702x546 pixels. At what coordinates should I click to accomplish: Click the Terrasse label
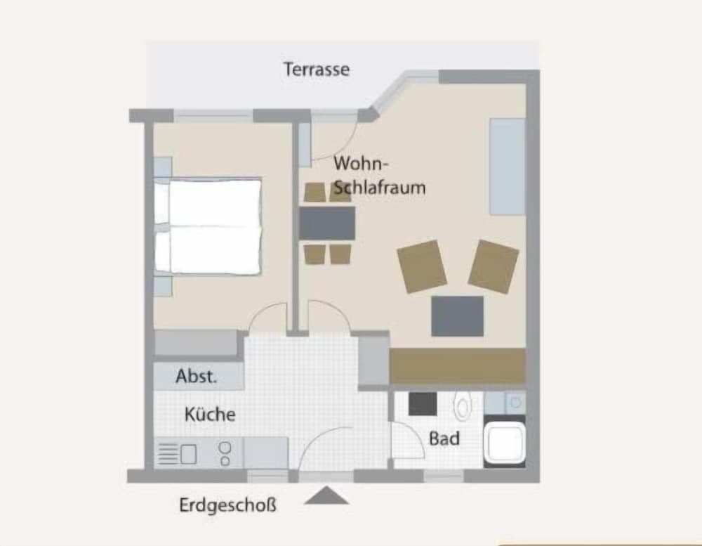(317, 70)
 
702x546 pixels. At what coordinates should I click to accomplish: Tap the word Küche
(210, 414)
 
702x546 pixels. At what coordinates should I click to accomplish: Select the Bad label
(444, 438)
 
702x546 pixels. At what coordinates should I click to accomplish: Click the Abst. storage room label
(197, 376)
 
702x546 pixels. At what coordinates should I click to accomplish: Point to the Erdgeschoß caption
(228, 505)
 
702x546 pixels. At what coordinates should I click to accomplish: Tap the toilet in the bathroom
(463, 405)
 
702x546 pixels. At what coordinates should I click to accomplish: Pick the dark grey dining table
(327, 223)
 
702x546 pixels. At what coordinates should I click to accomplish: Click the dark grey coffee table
(458, 316)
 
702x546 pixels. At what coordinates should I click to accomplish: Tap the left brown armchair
(422, 266)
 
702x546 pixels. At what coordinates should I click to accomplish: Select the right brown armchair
(494, 266)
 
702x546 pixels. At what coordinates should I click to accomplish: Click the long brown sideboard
(458, 365)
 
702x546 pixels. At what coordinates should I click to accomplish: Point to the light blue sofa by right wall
(508, 167)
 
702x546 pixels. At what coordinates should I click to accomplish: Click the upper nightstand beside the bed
(163, 167)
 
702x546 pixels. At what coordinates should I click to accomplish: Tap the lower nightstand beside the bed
(163, 285)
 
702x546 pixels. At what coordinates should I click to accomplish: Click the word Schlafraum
(380, 188)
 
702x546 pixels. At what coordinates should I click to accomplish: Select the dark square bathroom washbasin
(423, 403)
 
